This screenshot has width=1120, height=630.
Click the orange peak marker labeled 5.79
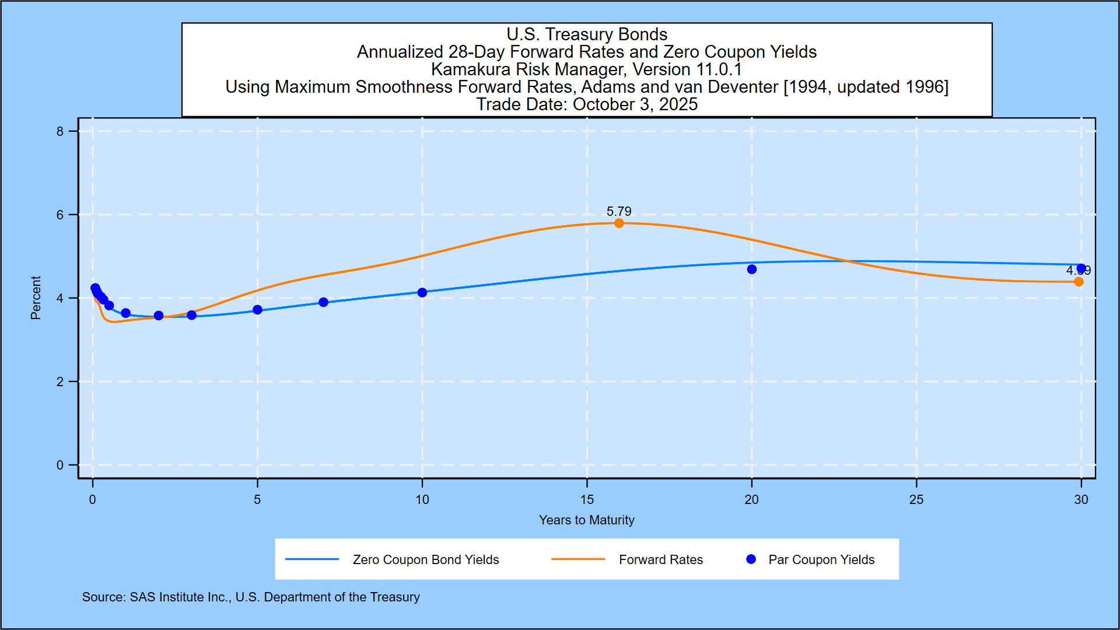(619, 223)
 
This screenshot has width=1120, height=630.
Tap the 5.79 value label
(619, 211)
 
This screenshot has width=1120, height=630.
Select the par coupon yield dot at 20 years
(752, 269)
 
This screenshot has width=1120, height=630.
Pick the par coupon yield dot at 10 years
(422, 292)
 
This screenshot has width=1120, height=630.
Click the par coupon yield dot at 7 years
(324, 302)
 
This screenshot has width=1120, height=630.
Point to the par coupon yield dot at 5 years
(257, 310)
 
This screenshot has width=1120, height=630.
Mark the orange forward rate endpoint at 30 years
(1079, 282)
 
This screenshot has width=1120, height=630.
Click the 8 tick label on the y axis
(60, 131)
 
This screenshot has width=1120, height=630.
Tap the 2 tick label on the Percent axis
(60, 382)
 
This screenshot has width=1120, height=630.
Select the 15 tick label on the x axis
(587, 500)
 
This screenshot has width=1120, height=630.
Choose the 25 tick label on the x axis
(916, 500)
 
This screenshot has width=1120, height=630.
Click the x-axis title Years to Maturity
(586, 520)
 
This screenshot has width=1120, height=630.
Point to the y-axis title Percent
(36, 298)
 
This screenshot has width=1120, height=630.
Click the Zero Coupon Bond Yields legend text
(426, 560)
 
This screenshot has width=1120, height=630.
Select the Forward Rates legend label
(661, 560)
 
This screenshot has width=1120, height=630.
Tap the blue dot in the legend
(751, 559)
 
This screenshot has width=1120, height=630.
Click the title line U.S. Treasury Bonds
(587, 34)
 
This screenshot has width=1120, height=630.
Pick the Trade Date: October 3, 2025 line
(587, 104)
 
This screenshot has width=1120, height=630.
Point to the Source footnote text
(251, 597)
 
